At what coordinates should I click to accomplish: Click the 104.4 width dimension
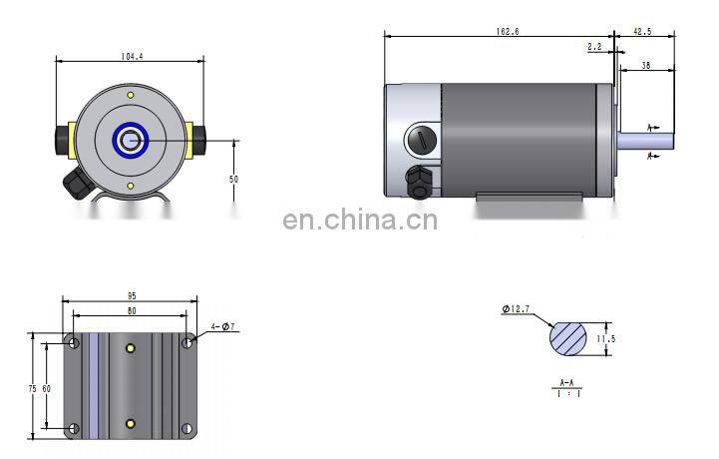[130, 57]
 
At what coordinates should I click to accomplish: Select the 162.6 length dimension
[507, 32]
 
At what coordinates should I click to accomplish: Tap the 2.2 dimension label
[594, 47]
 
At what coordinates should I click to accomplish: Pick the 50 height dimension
[233, 179]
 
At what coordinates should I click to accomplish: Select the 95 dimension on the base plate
[130, 296]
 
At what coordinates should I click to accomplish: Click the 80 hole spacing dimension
[130, 310]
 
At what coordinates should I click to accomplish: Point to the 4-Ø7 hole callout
[223, 326]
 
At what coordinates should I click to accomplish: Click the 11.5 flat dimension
[605, 339]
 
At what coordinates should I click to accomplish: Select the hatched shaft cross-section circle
[568, 338]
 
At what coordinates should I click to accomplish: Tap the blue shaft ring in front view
[130, 141]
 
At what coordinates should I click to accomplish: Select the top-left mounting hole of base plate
[73, 342]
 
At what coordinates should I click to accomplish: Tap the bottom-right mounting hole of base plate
[186, 428]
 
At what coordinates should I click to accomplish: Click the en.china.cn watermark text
[360, 221]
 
